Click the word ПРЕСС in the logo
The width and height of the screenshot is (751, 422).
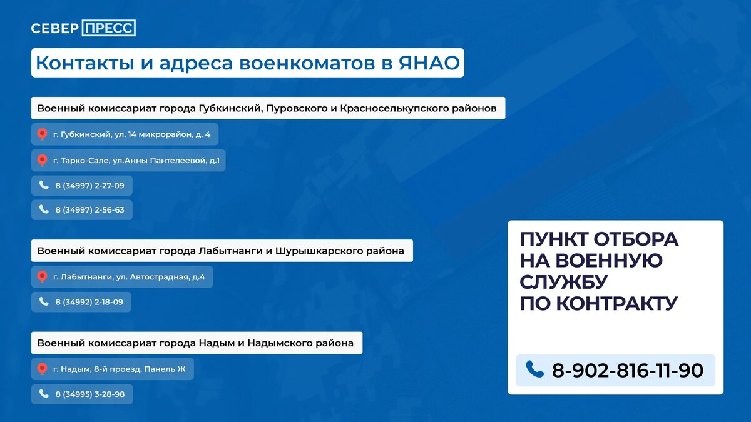pos(108,28)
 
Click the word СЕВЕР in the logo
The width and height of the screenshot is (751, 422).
pos(55,28)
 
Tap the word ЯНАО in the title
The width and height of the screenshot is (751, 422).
pos(429,63)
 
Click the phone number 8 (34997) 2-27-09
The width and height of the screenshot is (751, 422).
pos(89,186)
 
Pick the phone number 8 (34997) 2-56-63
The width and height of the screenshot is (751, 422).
pos(89,210)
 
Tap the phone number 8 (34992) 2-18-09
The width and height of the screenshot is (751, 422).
pos(89,302)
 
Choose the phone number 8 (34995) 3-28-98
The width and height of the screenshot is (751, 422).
pos(89,394)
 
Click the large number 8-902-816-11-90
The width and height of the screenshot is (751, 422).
pos(627,370)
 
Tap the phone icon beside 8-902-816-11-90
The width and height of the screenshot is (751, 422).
pos(534,369)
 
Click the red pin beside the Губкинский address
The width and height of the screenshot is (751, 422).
pos(42,134)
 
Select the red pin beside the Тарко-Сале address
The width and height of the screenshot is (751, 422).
pos(42,161)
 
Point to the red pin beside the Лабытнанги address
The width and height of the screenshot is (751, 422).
pos(42,276)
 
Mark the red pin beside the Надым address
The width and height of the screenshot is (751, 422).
pos(42,369)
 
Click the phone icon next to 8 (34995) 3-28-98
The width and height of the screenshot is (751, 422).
pos(44,394)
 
